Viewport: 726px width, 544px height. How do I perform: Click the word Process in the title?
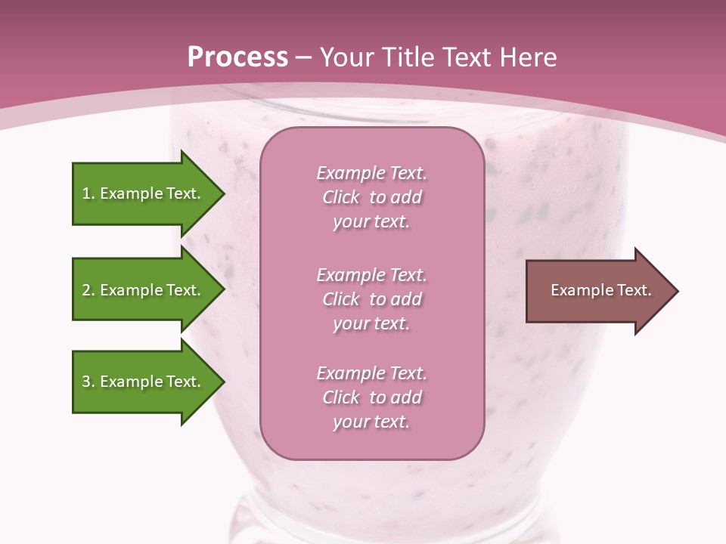point(237,57)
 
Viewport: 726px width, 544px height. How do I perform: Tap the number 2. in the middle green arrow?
point(88,290)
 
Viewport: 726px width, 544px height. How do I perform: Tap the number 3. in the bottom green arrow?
point(88,382)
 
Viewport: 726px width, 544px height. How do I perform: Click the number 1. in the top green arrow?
point(88,193)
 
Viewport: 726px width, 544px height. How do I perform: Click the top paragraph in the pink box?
point(371,197)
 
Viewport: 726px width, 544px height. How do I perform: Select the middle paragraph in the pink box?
point(371,299)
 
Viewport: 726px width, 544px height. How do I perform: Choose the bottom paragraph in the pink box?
point(371,397)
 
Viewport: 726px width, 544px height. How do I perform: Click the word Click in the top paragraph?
point(341,197)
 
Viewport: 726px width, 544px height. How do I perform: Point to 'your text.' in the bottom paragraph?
point(371,422)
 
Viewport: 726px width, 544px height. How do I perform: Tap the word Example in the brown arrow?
point(578,290)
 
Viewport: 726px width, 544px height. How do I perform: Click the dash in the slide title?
point(303,57)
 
